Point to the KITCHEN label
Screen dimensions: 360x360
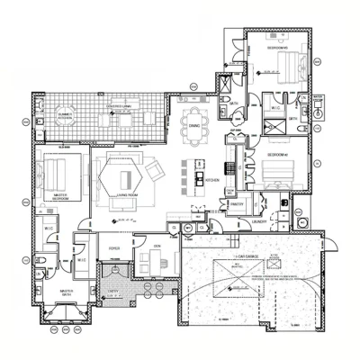pos(213,179)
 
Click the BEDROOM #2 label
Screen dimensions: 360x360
pos(275,155)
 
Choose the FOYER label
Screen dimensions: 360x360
pos(115,246)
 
